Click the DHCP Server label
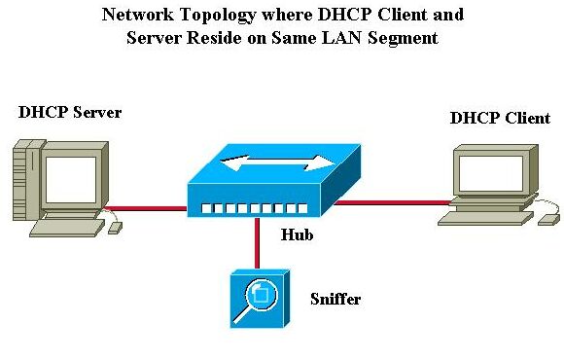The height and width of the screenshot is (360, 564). (x=70, y=113)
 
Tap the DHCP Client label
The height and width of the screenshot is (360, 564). (x=500, y=118)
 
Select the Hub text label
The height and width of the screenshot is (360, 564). (x=298, y=234)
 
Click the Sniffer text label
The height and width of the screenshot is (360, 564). (x=335, y=299)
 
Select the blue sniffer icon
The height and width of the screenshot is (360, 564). (x=258, y=299)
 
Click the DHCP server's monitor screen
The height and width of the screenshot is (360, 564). (x=73, y=176)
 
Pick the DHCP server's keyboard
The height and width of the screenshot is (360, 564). (x=67, y=228)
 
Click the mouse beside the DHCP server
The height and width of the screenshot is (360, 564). (x=115, y=227)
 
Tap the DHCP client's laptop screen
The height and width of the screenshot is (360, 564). (x=494, y=171)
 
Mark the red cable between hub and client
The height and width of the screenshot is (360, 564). (x=389, y=202)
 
